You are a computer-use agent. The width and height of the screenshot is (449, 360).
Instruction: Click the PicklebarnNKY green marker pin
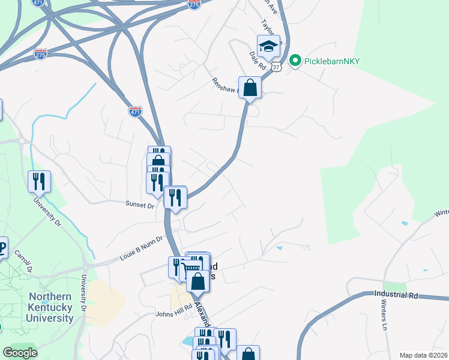tap(295, 61)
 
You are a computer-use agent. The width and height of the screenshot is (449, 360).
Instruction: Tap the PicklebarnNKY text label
tap(328, 61)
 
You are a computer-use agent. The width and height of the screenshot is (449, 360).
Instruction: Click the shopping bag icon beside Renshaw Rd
tap(250, 88)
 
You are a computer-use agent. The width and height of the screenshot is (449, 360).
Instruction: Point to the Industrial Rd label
tap(396, 295)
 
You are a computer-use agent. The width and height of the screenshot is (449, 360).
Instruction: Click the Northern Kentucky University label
tap(51, 307)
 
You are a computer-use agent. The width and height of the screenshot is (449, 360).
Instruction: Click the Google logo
tap(20, 352)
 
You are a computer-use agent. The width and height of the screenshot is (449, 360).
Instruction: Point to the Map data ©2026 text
tap(423, 355)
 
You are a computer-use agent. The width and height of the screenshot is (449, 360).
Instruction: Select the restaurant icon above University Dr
tap(39, 181)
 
